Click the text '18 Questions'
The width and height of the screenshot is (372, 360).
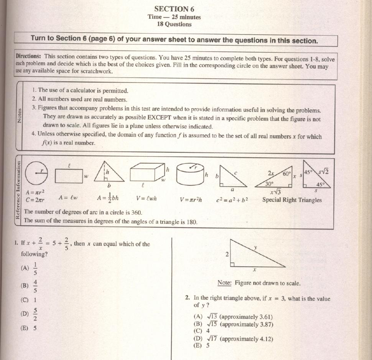(x=174, y=24)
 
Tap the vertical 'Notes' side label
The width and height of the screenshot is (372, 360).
(x=19, y=116)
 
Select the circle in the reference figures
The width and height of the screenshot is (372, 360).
(x=37, y=174)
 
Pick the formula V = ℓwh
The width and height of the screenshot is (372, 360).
(x=146, y=198)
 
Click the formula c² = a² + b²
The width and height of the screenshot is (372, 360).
(x=232, y=199)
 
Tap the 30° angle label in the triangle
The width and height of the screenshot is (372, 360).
(x=270, y=184)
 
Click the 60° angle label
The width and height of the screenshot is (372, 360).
(x=287, y=174)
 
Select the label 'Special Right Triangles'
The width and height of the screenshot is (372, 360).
(x=292, y=200)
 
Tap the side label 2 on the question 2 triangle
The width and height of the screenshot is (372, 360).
(x=227, y=254)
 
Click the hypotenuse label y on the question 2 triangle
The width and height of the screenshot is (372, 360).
(x=255, y=248)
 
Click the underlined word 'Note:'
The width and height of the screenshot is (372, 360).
(x=224, y=283)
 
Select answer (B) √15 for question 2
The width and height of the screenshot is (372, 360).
(x=234, y=324)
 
